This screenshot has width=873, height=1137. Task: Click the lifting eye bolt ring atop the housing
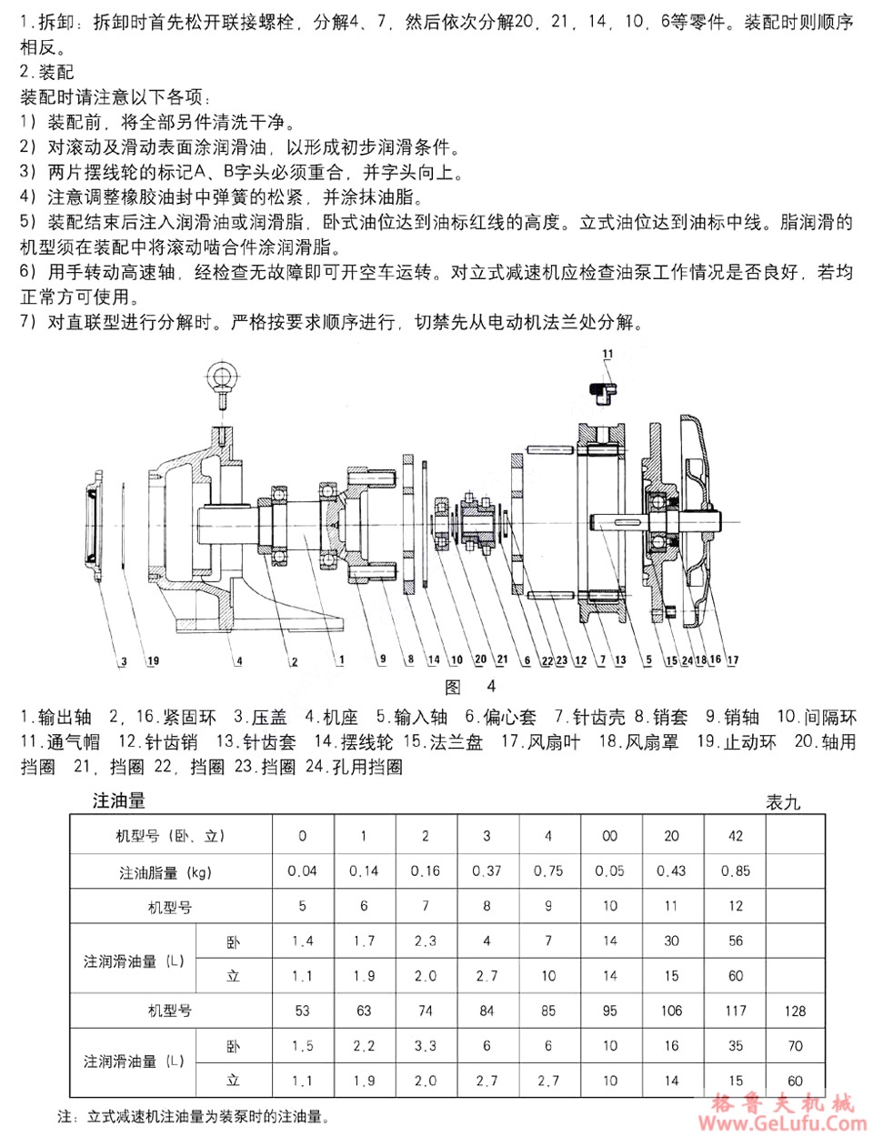(x=222, y=376)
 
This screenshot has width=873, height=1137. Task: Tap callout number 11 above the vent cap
(x=607, y=354)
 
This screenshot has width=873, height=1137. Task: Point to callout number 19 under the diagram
(x=153, y=661)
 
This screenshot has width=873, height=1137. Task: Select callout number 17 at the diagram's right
(x=733, y=659)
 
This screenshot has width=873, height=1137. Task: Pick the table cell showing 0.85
(x=736, y=870)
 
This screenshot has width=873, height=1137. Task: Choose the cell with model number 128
(x=795, y=1011)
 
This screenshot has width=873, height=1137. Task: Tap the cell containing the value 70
(x=795, y=1046)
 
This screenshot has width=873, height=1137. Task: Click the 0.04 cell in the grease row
(x=302, y=870)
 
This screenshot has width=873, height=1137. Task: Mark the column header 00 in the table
(x=609, y=836)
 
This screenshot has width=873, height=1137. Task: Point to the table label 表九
(x=782, y=802)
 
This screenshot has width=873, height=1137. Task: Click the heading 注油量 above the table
(x=119, y=800)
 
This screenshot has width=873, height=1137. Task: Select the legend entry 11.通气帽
(x=60, y=741)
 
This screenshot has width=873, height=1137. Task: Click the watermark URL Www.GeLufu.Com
(x=782, y=1122)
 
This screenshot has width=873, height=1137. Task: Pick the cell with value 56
(x=736, y=941)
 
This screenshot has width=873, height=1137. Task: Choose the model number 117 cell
(x=736, y=1011)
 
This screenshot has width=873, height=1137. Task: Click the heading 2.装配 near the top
(x=47, y=72)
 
